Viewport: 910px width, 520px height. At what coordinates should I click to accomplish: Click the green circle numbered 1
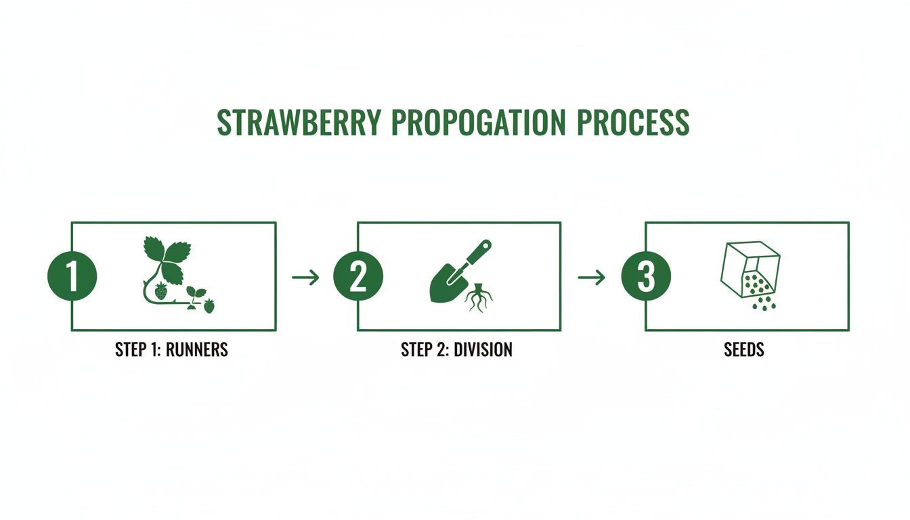point(72,277)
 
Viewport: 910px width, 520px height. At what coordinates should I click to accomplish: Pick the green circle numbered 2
point(358,277)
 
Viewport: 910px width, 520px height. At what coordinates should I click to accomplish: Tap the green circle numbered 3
point(646,277)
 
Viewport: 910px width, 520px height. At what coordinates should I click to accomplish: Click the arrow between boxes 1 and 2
point(305,277)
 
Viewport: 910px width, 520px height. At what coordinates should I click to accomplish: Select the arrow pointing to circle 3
point(590,277)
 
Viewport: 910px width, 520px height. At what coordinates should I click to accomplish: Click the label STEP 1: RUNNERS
point(171,350)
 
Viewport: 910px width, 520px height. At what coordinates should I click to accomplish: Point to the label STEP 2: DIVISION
point(456,350)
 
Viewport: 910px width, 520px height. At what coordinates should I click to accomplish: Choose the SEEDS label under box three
point(744,350)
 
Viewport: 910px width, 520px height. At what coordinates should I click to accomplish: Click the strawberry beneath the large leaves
point(161,292)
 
